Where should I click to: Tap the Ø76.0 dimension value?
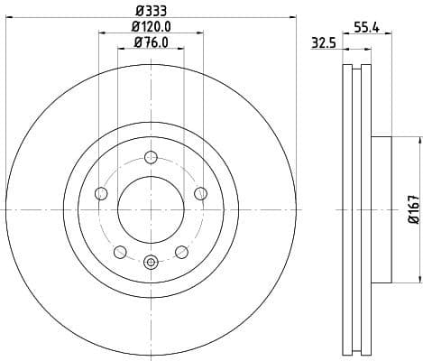(x=152, y=42)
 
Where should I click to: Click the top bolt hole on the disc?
(x=151, y=157)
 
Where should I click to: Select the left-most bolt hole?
(x=101, y=193)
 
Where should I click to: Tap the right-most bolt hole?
(x=201, y=193)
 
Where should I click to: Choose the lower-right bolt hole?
(x=182, y=251)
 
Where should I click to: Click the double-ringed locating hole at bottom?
(x=151, y=263)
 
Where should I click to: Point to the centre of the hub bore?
(x=151, y=209)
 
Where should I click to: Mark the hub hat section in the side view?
(x=379, y=209)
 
